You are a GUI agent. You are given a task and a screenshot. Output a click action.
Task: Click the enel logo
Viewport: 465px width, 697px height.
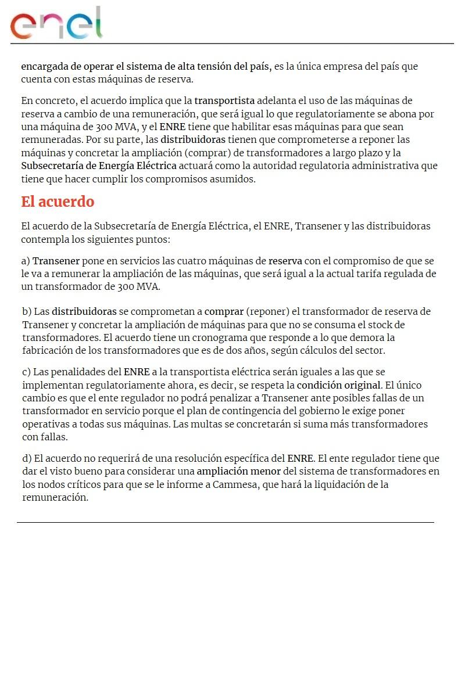[56, 24]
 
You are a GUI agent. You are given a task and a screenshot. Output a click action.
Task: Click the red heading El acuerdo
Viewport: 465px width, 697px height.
[58, 202]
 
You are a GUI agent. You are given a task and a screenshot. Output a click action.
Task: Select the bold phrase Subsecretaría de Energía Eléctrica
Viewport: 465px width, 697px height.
[99, 166]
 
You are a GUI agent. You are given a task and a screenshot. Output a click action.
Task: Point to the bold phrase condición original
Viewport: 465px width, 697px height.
[338, 385]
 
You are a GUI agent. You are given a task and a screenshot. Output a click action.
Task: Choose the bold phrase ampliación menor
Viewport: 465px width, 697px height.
[238, 471]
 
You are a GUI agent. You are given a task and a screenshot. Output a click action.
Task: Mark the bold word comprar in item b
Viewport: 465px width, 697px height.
[224, 311]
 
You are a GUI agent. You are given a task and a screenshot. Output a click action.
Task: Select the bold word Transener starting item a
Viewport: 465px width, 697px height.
[56, 261]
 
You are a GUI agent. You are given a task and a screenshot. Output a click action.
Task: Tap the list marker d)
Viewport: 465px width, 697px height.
[27, 458]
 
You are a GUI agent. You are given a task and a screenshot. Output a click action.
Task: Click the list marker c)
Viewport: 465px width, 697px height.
[27, 372]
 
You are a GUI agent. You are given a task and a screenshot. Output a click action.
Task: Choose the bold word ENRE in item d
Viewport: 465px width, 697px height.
[300, 458]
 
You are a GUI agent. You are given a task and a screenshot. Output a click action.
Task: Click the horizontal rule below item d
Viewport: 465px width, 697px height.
[226, 522]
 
